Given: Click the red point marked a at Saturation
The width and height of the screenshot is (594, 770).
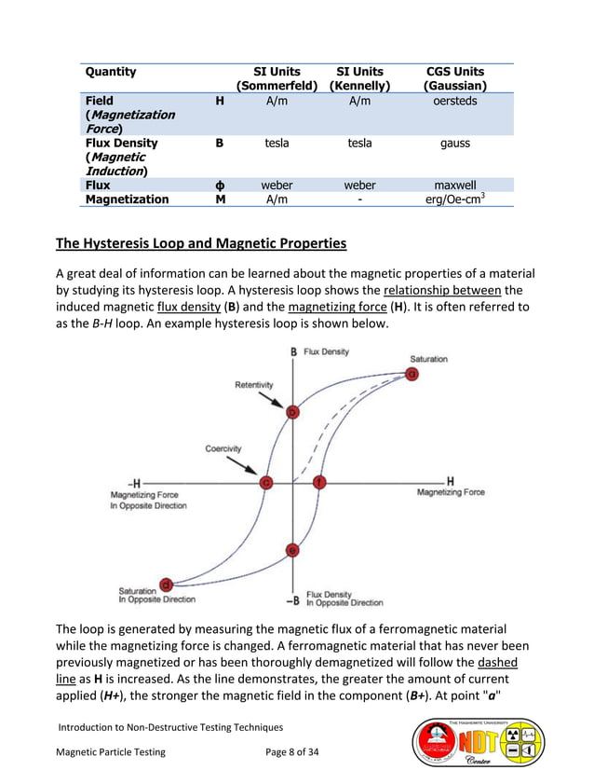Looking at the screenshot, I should (412, 374).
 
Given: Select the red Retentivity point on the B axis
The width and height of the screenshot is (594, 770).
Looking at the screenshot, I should (292, 411).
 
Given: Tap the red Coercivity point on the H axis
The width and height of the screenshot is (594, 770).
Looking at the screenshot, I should (266, 482).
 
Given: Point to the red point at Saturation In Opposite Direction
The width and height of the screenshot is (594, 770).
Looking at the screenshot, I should (166, 584).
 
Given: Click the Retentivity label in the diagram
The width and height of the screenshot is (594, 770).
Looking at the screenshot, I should (254, 383).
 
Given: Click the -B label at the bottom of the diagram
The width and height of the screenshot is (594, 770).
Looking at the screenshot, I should (291, 599).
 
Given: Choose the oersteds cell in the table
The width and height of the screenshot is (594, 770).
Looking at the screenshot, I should (454, 101).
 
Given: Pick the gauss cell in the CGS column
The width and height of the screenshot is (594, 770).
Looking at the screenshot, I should (454, 144).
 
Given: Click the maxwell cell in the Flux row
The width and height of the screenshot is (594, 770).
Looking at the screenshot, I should (454, 186).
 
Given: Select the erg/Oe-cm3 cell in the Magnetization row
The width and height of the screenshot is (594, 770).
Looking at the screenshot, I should (454, 199).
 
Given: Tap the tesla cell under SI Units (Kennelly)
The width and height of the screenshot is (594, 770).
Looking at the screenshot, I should (359, 144).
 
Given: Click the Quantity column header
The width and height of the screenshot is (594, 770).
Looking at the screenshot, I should (111, 72).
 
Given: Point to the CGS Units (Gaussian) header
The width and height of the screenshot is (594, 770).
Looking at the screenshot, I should (454, 78).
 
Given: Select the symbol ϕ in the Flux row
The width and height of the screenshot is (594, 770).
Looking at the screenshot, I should (219, 186).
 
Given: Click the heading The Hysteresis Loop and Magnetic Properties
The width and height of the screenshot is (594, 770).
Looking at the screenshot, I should (200, 244).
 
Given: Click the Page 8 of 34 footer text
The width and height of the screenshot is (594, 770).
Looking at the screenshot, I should (292, 751).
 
